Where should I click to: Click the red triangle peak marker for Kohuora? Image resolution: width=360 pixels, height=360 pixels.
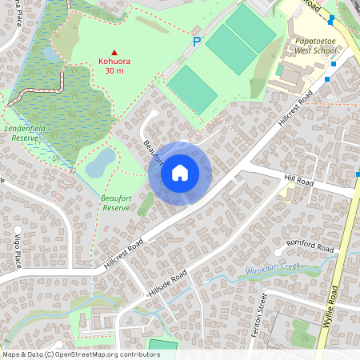click(114, 51)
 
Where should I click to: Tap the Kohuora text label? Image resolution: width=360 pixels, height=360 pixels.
click(114, 61)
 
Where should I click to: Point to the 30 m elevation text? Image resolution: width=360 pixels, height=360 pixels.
click(114, 71)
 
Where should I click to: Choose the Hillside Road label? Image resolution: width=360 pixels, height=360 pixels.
click(167, 285)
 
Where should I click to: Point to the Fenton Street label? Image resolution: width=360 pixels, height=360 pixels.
click(259, 315)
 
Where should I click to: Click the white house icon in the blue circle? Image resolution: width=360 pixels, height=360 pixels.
click(180, 173)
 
